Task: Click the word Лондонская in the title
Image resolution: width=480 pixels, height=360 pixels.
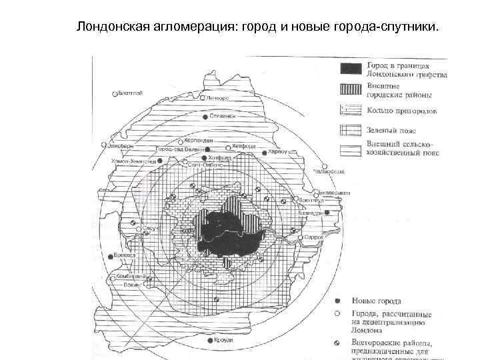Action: [x=107, y=27]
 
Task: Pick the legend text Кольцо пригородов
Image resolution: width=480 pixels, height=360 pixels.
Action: [x=398, y=109]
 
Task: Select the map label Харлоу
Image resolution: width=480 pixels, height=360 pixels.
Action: [x=276, y=152]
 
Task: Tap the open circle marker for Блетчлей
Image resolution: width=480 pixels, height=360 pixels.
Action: [x=115, y=94]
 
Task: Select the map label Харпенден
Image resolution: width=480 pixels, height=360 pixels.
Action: [x=198, y=141]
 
